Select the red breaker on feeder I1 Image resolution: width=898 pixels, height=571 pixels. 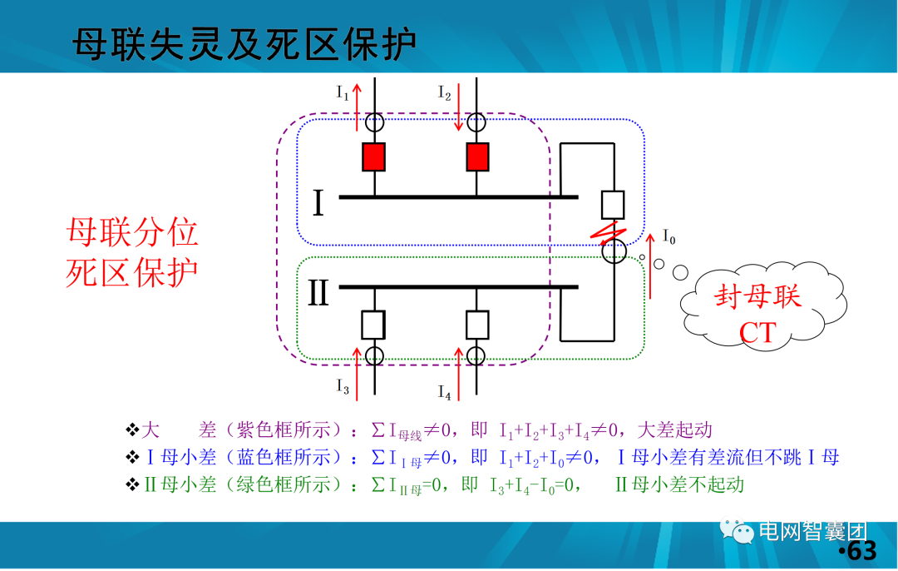[373, 156]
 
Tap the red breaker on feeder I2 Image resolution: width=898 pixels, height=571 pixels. [477, 156]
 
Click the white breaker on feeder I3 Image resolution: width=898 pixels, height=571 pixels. [373, 324]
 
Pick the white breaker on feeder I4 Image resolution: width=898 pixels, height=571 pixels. [477, 324]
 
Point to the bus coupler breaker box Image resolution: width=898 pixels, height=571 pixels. [613, 204]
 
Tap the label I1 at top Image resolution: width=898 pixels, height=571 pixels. [343, 92]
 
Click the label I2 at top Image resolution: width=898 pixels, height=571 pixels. [445, 92]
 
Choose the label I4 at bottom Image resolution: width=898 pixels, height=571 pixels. [445, 390]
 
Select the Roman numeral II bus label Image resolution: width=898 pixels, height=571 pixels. [319, 293]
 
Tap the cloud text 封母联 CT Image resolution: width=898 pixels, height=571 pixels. [757, 315]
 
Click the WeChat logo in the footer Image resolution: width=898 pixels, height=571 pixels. [739, 531]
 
